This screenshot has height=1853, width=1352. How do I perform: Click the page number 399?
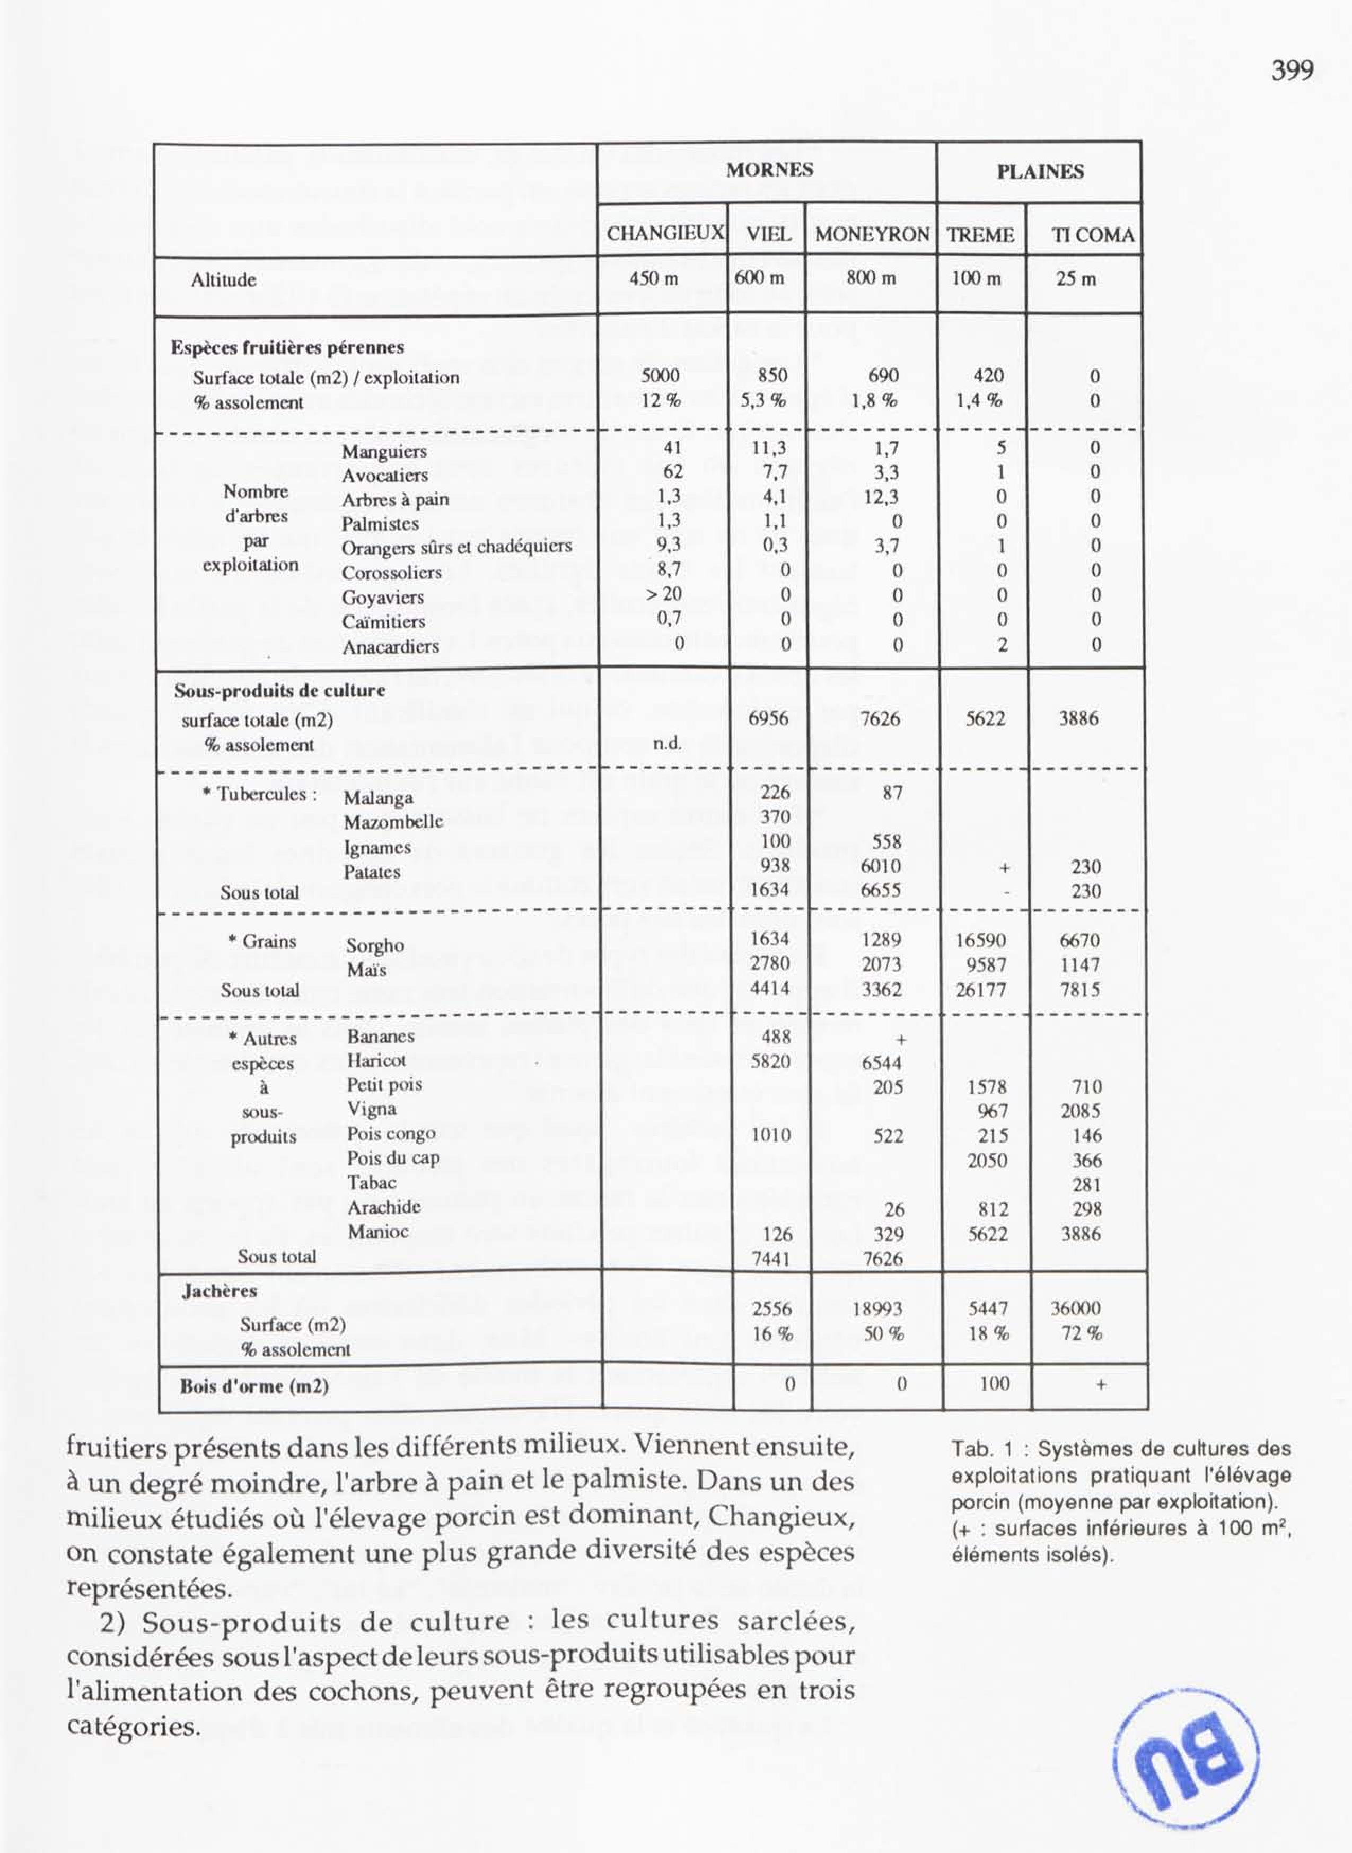[1292, 71]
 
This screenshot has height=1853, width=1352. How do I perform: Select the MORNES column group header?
[769, 170]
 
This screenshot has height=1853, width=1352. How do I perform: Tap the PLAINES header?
[1039, 172]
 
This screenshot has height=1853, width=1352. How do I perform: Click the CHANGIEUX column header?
[664, 235]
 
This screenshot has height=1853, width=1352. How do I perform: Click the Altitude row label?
[223, 280]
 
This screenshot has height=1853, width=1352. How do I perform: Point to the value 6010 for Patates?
[881, 866]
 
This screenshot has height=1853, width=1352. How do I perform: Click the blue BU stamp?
[1186, 1733]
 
